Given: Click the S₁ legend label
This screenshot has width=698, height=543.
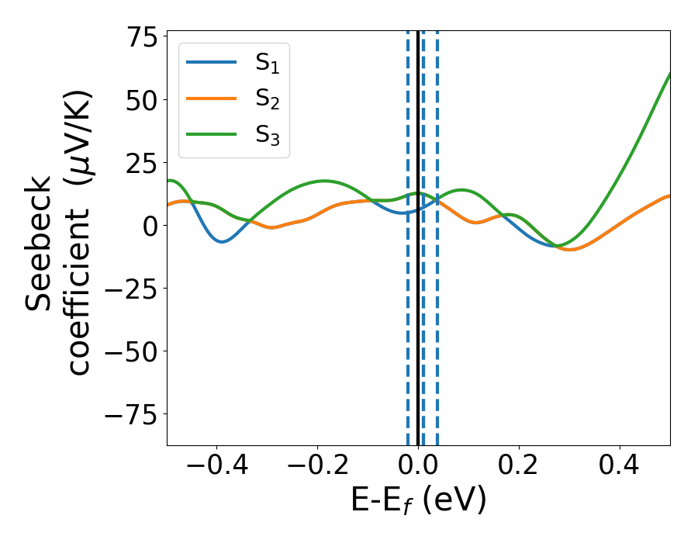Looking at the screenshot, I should [x=267, y=64].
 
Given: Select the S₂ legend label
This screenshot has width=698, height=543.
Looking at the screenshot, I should [x=267, y=99].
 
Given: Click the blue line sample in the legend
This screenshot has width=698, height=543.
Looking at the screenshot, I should [x=212, y=63].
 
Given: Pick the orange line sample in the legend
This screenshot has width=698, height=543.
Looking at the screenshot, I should [x=212, y=99].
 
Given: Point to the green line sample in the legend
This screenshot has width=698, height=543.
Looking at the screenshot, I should [x=212, y=134].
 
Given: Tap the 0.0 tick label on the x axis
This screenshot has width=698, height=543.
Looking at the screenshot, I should [x=418, y=467].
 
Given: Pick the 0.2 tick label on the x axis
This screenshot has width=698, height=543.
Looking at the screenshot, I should [x=519, y=467].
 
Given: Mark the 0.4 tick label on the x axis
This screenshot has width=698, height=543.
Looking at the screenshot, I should [x=620, y=467].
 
